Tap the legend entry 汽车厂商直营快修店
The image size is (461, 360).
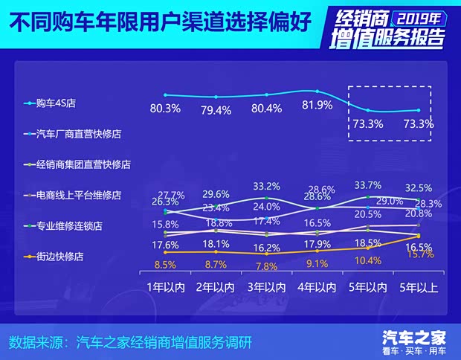point(73,134)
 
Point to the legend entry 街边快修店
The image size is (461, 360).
point(58,256)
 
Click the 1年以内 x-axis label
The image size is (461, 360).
point(164,286)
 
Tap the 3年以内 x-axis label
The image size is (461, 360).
point(266,286)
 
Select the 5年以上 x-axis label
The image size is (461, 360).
point(418,286)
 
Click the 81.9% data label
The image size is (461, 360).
point(317,106)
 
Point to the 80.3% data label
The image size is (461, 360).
point(165,109)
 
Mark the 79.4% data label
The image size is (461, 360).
point(216,110)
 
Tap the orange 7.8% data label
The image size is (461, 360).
point(266,266)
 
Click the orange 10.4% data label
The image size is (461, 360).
point(368,260)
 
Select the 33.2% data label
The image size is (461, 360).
point(266,186)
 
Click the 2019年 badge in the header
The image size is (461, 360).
point(413,16)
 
